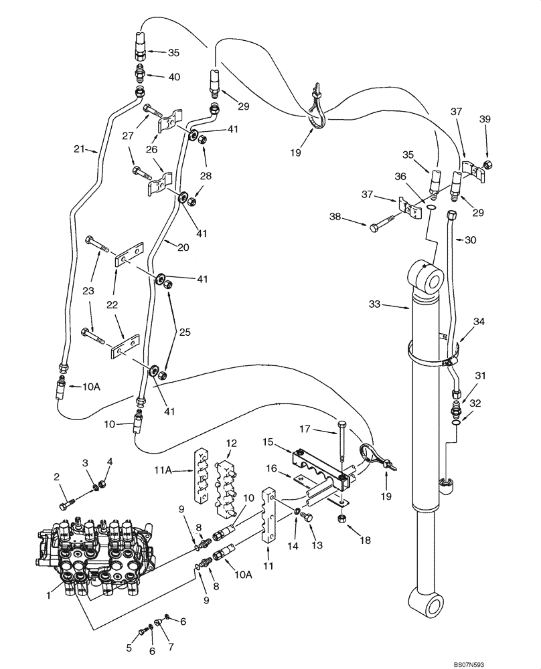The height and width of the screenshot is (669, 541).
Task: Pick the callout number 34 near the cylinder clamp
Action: click(x=479, y=322)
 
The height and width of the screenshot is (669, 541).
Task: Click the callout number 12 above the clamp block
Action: click(x=231, y=444)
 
